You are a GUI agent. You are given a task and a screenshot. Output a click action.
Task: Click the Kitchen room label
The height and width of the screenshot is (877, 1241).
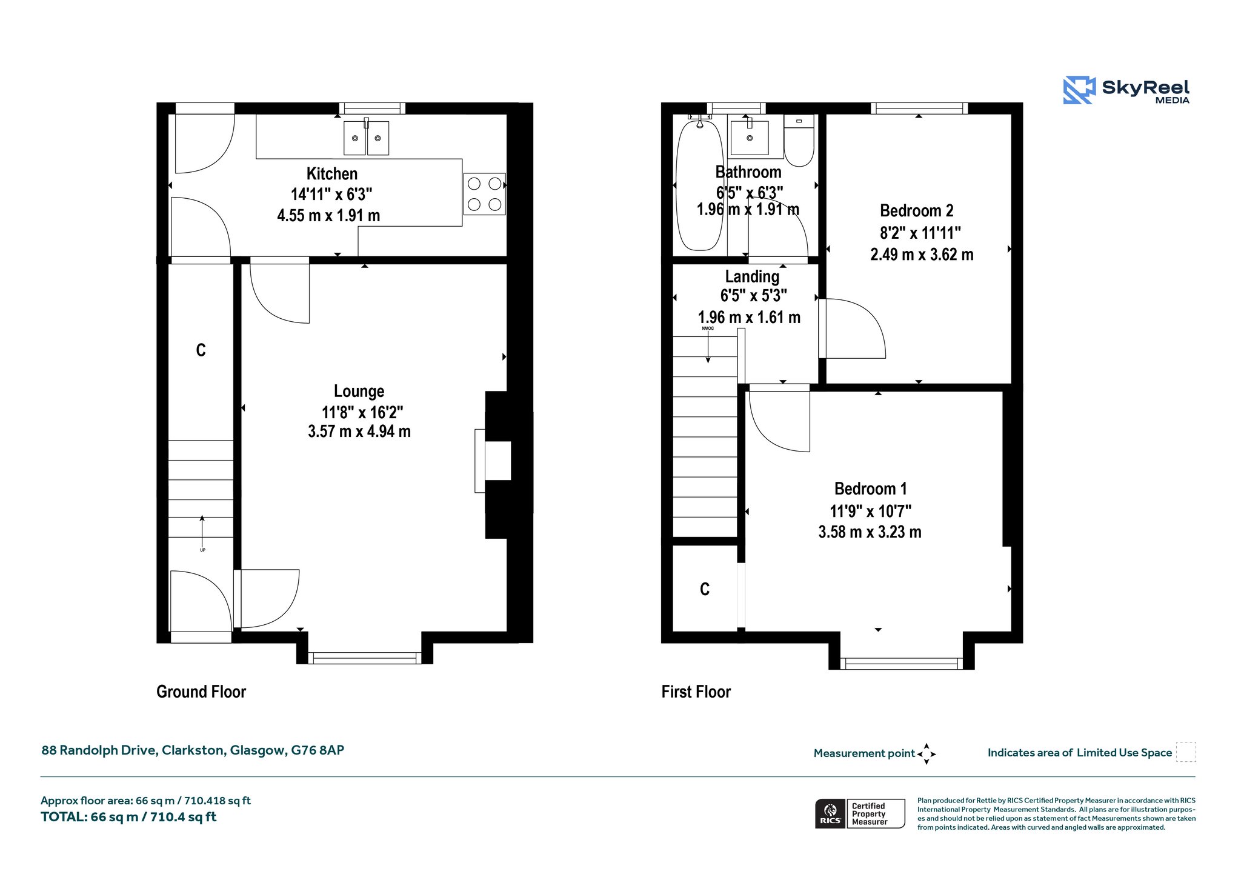(331, 174)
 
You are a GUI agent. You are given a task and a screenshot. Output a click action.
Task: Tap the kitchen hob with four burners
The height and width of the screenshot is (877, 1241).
(484, 194)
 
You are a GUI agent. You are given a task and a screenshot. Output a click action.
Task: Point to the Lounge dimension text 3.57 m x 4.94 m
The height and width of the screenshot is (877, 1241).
(359, 432)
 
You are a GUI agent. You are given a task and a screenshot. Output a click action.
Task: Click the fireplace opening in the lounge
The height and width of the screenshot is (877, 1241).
(498, 461)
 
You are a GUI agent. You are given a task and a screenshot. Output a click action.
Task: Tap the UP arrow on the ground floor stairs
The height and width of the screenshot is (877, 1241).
(202, 532)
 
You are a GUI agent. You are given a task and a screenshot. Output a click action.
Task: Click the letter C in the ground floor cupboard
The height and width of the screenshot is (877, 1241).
(201, 350)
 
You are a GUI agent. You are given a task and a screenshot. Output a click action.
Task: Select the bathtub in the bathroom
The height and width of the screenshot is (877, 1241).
(700, 185)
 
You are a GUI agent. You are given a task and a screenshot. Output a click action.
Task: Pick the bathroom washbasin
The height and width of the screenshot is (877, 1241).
(750, 138)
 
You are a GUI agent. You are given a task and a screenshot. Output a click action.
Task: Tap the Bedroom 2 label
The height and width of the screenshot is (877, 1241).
(916, 211)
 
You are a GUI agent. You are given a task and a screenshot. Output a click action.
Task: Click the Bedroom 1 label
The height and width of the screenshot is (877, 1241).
(870, 489)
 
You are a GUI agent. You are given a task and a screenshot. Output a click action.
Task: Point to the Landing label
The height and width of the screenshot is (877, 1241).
(752, 277)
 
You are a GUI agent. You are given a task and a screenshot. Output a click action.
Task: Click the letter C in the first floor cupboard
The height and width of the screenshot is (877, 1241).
(705, 589)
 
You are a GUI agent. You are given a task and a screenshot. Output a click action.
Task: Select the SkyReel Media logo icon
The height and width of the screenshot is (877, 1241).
(1079, 90)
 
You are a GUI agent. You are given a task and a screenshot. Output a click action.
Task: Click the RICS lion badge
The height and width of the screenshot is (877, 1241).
(830, 813)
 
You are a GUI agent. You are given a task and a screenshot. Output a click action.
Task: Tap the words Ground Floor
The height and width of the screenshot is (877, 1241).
(201, 692)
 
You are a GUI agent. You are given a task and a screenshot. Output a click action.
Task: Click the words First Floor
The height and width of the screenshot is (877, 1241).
(696, 692)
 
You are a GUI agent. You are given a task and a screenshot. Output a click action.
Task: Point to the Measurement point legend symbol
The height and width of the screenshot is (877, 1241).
(927, 754)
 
